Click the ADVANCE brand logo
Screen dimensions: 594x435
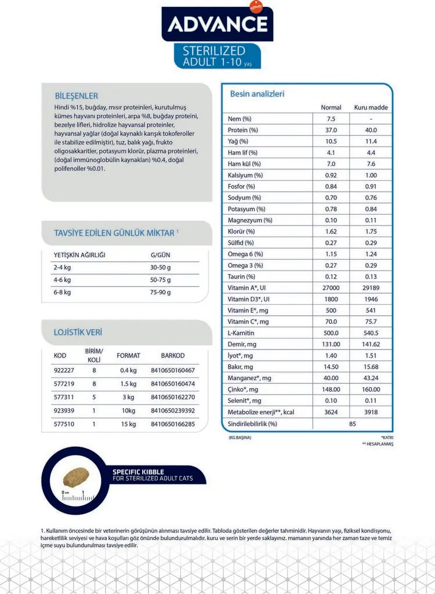[217, 24]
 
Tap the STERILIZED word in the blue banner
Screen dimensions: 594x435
[214, 50]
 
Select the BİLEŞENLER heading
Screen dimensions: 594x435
[76, 96]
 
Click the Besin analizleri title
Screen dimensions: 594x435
[258, 94]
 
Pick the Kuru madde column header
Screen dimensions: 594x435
[371, 108]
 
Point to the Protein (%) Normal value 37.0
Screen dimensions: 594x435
[331, 130]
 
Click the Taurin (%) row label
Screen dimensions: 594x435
[241, 277]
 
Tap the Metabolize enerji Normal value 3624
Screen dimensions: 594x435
[331, 413]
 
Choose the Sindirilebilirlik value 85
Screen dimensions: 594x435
[351, 424]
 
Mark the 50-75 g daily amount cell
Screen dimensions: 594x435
[161, 280]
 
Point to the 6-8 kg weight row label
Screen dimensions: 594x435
[62, 292]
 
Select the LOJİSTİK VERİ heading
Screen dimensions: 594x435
[78, 332]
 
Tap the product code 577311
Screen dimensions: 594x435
[64, 398]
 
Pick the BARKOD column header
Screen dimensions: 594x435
[173, 356]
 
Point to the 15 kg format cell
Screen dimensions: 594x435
[128, 424]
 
